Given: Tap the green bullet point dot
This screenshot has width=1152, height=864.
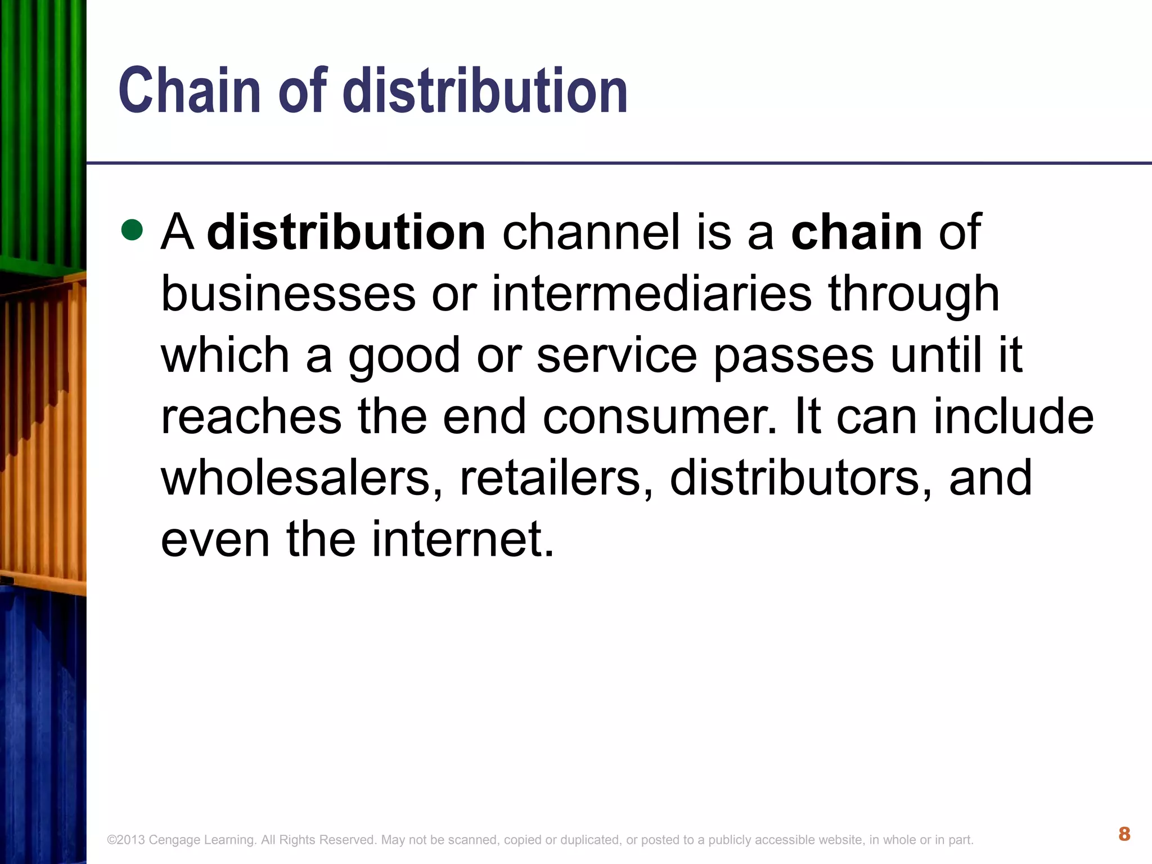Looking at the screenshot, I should tap(132, 230).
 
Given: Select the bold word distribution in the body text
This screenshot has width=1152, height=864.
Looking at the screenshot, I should tap(346, 232).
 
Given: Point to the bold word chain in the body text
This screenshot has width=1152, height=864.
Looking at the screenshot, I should tap(857, 232).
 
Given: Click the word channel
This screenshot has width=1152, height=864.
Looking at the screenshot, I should tap(591, 232).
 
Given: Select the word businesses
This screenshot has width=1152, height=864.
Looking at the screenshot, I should tap(288, 294).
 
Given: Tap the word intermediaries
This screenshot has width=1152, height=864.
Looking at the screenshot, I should tap(652, 294).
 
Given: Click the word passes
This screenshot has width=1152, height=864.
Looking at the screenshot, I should tap(794, 357).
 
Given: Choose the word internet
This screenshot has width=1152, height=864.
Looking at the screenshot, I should tap(462, 539).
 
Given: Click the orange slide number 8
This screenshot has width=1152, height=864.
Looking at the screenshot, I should tap(1124, 834).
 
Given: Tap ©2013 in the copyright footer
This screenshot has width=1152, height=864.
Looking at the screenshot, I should tap(126, 840).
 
